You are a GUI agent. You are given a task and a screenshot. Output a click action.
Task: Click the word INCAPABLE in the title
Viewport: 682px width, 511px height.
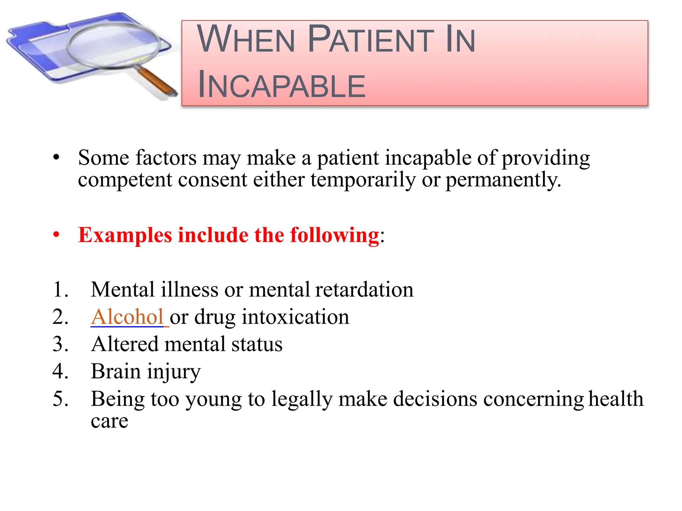click(x=281, y=86)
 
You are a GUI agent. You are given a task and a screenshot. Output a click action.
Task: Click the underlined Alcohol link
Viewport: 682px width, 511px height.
click(x=127, y=317)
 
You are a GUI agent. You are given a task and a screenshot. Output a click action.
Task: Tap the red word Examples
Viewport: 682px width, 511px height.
click(x=125, y=235)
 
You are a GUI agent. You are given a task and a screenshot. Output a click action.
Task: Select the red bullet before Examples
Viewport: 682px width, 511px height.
click(x=56, y=235)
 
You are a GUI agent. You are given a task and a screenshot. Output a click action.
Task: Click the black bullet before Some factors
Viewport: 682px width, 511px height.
click(x=56, y=157)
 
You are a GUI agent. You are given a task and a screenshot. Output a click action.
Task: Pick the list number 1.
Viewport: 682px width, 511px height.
click(x=60, y=289)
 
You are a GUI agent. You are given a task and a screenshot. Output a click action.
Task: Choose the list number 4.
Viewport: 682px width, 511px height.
click(x=60, y=371)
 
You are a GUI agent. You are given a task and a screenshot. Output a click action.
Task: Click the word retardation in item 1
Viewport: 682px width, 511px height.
click(x=364, y=289)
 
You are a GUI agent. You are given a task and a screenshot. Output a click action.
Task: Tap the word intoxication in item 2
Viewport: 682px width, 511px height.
click(x=295, y=317)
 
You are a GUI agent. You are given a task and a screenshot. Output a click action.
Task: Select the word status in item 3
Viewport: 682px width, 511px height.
click(x=257, y=344)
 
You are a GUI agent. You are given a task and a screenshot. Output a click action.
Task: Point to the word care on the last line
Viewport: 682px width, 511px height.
click(x=109, y=421)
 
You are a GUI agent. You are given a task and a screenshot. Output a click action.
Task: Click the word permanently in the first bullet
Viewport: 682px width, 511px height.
click(x=503, y=180)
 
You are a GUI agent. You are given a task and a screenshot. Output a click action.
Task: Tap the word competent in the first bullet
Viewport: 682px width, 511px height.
click(x=125, y=180)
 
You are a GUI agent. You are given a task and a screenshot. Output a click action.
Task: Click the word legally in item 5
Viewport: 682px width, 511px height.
click(x=302, y=399)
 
